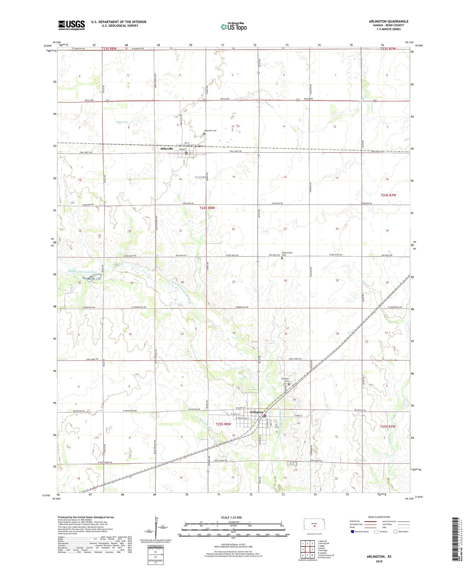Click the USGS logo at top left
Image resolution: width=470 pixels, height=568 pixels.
pos(71,25)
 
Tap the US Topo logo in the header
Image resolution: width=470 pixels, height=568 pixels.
pos(234,27)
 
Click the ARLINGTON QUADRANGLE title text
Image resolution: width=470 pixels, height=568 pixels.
pos(389,22)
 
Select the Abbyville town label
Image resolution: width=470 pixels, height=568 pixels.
pos(166,149)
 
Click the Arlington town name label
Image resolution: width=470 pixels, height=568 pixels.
pos(256,412)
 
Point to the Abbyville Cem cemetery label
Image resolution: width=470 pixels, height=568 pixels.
pos(210,131)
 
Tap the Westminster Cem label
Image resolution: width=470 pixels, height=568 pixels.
pos(287,253)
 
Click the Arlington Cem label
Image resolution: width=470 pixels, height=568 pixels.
pos(285,380)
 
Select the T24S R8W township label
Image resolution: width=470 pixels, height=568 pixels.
pos(207,208)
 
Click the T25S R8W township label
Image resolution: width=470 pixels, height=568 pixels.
pos(223,424)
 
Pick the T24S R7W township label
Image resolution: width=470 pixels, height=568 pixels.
pos(388,195)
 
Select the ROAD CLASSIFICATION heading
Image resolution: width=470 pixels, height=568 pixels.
pos(379,517)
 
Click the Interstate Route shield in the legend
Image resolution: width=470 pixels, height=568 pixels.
pos(352,532)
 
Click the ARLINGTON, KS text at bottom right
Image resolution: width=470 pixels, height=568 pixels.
pos(379,556)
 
